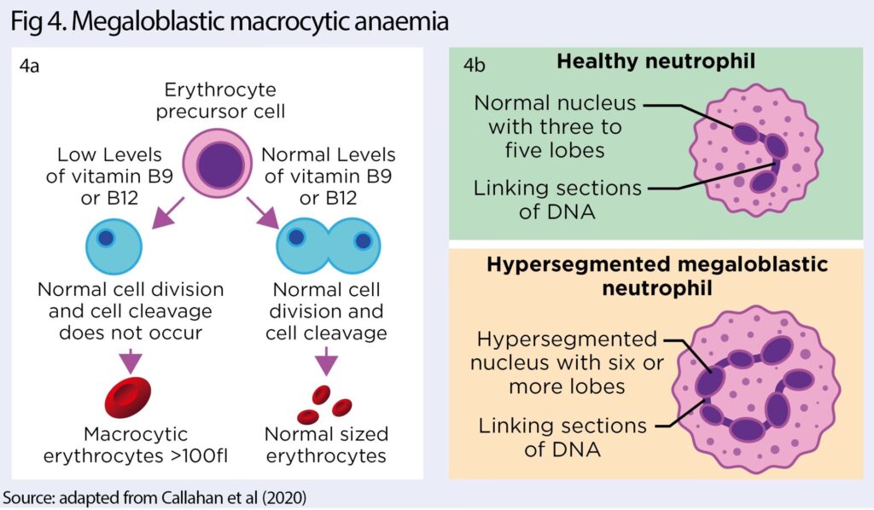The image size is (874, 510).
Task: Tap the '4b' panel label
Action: tap(475, 65)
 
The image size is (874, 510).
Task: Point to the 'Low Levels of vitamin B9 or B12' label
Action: tap(109, 176)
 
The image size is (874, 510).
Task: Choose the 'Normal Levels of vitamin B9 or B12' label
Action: tap(329, 176)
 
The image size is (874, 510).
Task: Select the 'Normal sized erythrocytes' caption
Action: tap(326, 445)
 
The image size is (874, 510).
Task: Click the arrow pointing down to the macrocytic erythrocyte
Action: tap(129, 358)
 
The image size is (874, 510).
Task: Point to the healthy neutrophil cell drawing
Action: tap(757, 157)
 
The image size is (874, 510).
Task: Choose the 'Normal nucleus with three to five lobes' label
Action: tap(555, 127)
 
